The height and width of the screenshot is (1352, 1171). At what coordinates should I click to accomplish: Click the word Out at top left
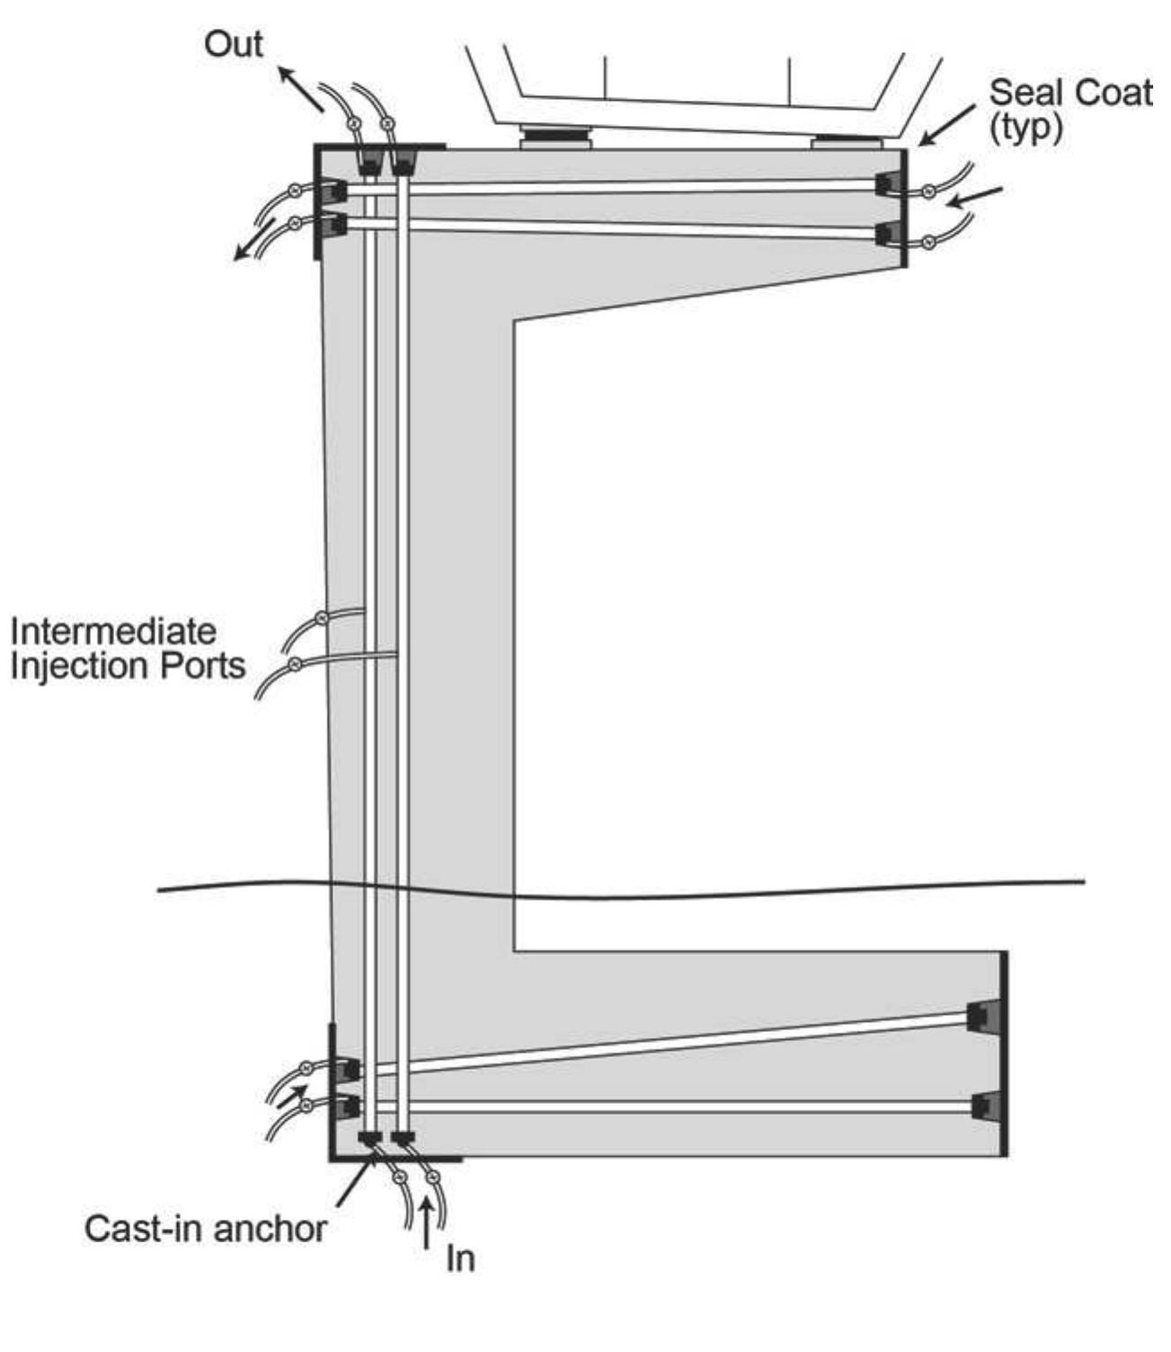(233, 44)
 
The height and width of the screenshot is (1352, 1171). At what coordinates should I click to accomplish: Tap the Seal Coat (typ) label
(1069, 110)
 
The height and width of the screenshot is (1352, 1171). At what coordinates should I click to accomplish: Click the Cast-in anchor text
(206, 1228)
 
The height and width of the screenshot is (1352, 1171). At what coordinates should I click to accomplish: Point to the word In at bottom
(460, 1259)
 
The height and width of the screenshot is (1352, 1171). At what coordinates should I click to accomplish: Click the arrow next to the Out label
(300, 88)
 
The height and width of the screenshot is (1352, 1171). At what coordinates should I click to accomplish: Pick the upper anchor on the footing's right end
(981, 1016)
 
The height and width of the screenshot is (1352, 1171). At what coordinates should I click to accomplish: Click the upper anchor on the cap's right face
(888, 183)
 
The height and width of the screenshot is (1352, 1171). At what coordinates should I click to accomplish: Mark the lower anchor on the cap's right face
(888, 234)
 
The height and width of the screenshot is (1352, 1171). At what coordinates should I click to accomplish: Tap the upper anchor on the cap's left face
(333, 191)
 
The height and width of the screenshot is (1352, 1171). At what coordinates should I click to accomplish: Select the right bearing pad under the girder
(846, 142)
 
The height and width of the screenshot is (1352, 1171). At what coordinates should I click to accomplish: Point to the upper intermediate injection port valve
(320, 618)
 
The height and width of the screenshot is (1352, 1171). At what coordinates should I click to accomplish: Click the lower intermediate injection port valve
(294, 664)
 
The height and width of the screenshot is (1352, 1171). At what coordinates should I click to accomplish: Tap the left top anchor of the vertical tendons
(368, 164)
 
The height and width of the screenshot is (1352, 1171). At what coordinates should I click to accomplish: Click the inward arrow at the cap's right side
(975, 195)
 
